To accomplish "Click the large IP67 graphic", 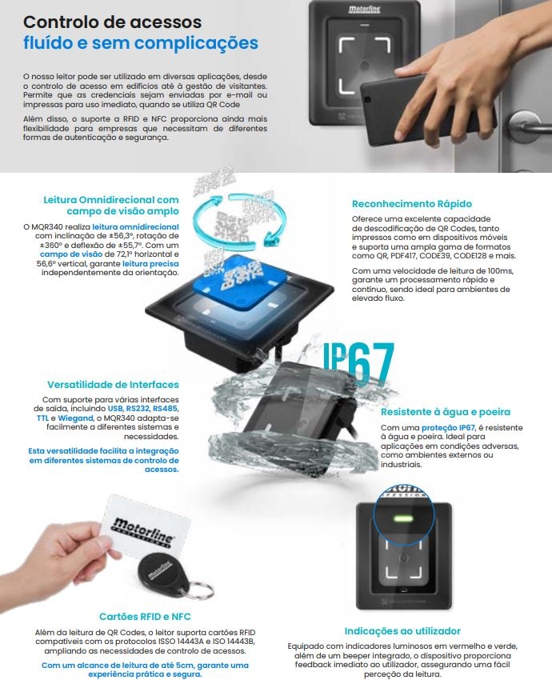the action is pos(358,363).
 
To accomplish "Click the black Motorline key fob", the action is pos(162,574).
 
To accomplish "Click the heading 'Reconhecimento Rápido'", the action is pos(411,204).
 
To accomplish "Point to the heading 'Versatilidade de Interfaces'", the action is pos(113,385).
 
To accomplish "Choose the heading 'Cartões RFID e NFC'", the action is pos(145,617).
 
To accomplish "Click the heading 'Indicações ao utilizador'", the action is pos(402,631).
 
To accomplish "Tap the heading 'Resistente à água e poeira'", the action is pos(446,412).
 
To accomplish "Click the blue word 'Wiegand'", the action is pos(75,418).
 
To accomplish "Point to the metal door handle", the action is pos(528,123).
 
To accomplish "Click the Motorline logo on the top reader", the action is pos(364,10).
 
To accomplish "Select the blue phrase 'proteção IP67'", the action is pos(448,428).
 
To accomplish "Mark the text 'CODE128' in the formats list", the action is pos(470,256).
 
